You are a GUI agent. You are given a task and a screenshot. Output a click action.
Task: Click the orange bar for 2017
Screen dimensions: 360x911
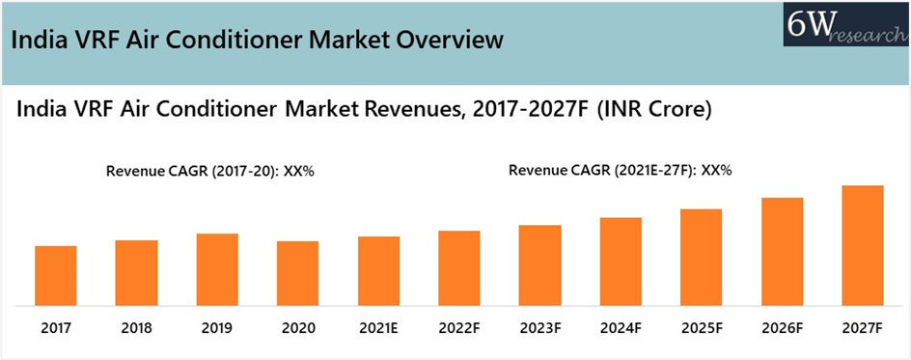56,275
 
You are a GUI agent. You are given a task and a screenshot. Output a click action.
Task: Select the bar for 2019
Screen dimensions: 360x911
217,269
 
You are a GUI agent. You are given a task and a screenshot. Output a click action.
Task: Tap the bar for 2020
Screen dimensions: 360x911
298,273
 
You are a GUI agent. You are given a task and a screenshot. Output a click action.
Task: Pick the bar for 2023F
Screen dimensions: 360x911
539,265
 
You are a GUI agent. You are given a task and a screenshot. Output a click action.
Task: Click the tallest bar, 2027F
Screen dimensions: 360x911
863,245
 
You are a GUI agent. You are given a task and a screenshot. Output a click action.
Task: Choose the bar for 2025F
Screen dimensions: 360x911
701,257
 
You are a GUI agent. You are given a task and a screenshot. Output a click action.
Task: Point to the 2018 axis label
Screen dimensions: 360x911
136,328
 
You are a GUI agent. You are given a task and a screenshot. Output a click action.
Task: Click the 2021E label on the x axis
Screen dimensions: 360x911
378,328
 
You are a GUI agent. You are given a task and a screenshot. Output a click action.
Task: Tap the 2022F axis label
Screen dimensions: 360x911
459,328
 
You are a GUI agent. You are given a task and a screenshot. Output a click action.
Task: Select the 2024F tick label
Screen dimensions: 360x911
621,328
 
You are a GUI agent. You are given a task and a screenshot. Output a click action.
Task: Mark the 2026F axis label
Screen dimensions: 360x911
782,328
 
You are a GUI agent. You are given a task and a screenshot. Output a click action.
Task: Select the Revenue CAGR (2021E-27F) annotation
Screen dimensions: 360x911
621,171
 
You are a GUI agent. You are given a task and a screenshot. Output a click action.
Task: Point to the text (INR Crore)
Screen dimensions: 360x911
654,111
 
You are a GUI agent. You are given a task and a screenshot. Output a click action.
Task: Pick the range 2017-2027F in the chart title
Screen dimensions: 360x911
522,111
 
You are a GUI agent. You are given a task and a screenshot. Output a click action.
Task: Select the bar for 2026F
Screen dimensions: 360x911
782,251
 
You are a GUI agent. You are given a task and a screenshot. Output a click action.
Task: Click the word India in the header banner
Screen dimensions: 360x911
37,41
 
